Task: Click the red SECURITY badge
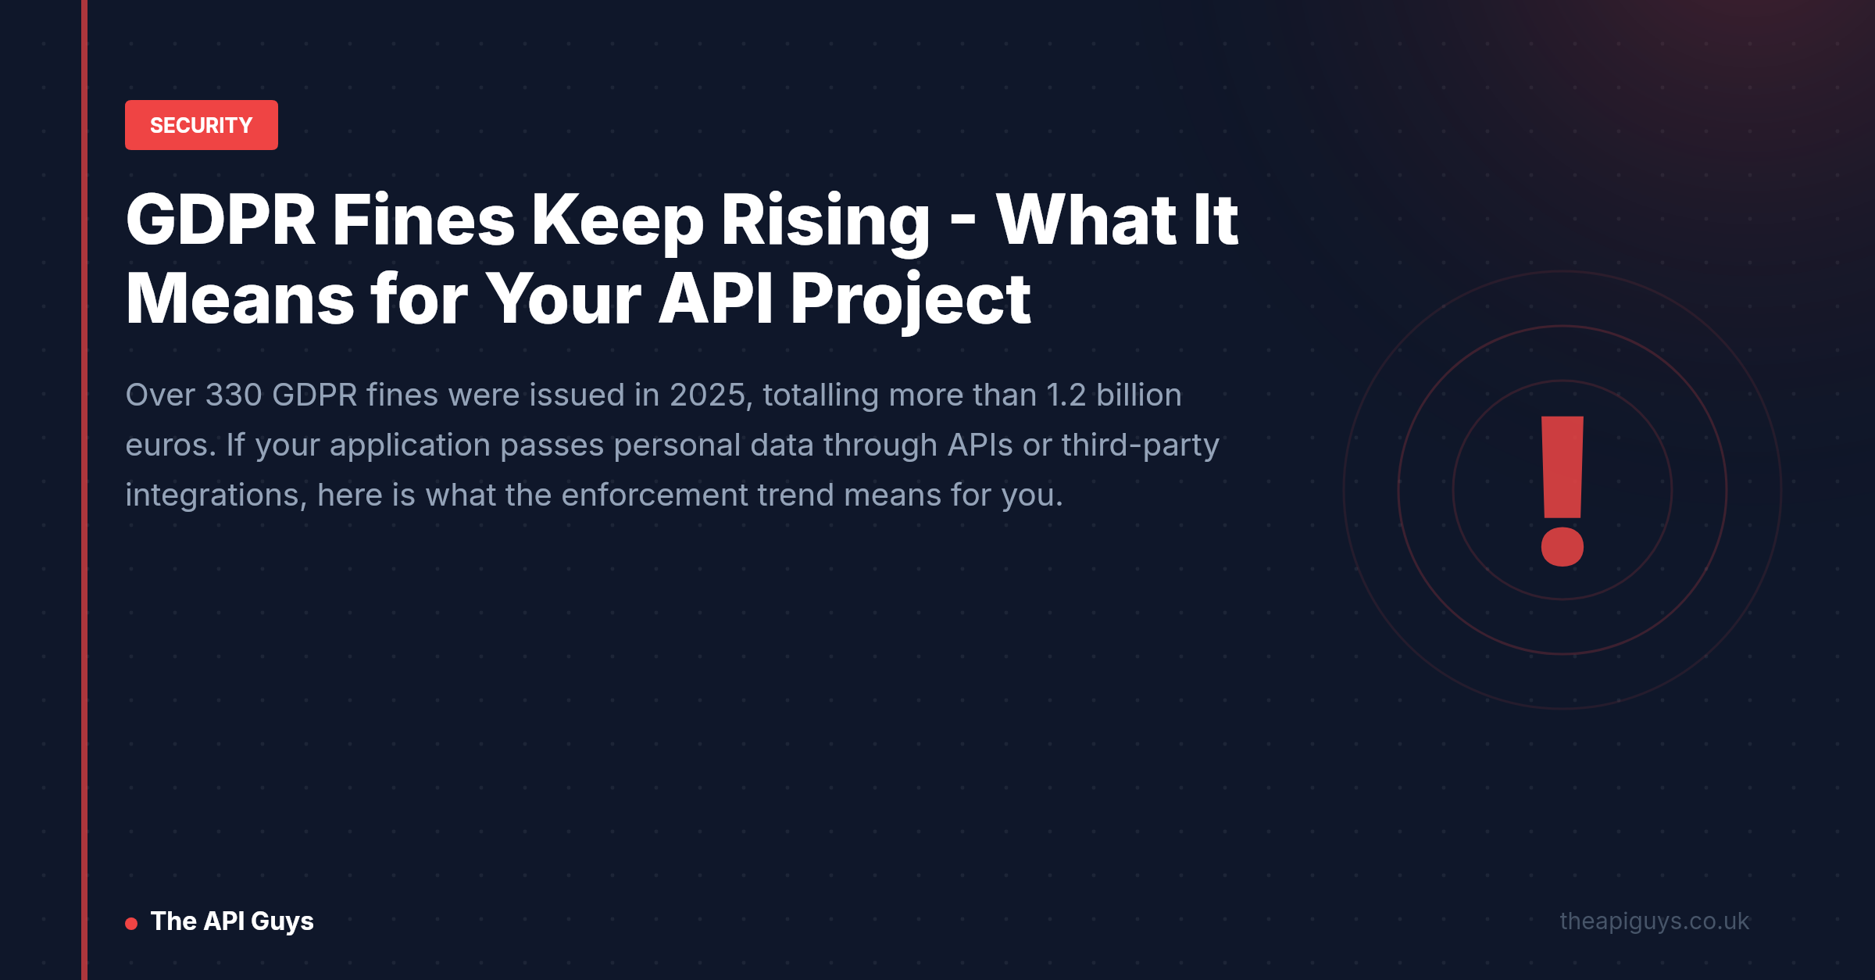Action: click(202, 125)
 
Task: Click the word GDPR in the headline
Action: click(220, 220)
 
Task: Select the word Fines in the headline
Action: click(423, 220)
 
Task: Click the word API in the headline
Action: click(716, 299)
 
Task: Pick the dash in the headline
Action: click(962, 223)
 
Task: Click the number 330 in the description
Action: click(234, 395)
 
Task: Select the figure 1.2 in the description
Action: click(1066, 395)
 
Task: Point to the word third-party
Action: click(1140, 446)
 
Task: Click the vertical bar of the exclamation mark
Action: click(1562, 467)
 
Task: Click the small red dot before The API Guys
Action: click(131, 924)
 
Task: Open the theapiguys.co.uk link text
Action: click(1655, 922)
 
